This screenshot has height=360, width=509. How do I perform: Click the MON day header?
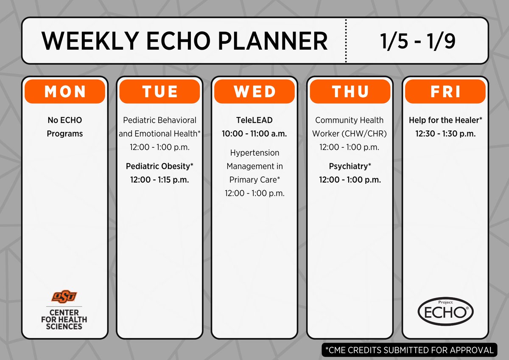(x=64, y=92)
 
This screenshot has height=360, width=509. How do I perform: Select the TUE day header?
(x=159, y=92)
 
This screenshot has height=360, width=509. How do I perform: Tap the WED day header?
(x=254, y=92)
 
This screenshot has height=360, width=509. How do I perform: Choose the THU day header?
(x=350, y=92)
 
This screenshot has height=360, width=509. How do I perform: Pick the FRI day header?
(x=445, y=92)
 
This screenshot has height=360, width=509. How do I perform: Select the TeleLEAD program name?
(x=254, y=121)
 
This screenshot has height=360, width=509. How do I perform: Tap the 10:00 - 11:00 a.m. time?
(x=254, y=134)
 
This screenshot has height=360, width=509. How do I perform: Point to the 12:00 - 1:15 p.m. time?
(x=159, y=180)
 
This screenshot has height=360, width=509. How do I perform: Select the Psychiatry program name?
(x=350, y=166)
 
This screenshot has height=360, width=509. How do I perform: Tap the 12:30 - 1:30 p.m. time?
(x=445, y=134)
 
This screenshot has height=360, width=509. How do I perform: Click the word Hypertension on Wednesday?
(x=255, y=153)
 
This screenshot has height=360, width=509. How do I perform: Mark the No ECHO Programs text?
(x=64, y=127)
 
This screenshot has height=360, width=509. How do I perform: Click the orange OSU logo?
(x=64, y=296)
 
